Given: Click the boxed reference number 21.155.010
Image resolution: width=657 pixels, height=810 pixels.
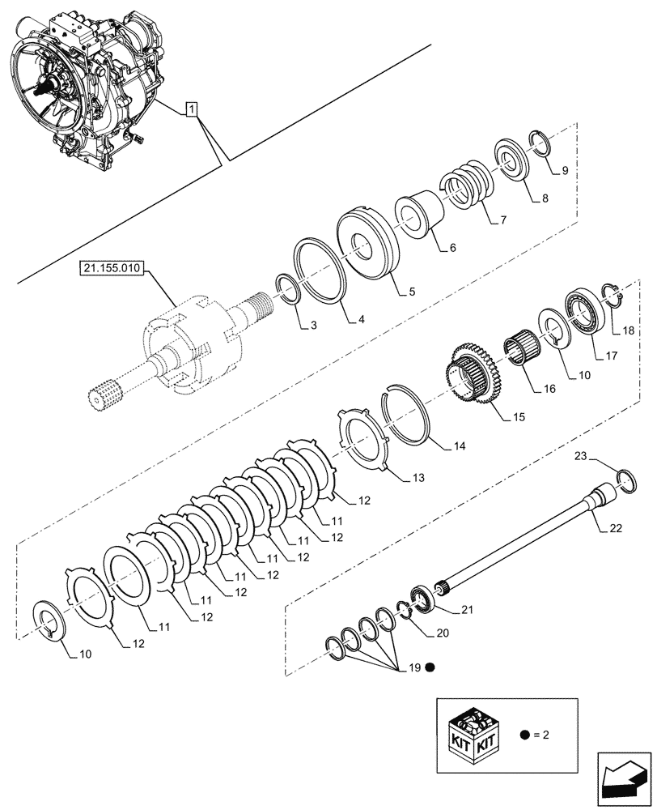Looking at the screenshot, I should pyautogui.click(x=112, y=269).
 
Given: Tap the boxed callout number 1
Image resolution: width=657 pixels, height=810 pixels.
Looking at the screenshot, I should pyautogui.click(x=191, y=109).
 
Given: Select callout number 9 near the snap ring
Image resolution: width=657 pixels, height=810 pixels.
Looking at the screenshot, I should pyautogui.click(x=564, y=171).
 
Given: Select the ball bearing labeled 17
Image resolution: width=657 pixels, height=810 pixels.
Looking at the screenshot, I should pyautogui.click(x=587, y=311).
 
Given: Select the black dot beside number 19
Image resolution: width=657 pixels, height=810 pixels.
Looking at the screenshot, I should pyautogui.click(x=430, y=668).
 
